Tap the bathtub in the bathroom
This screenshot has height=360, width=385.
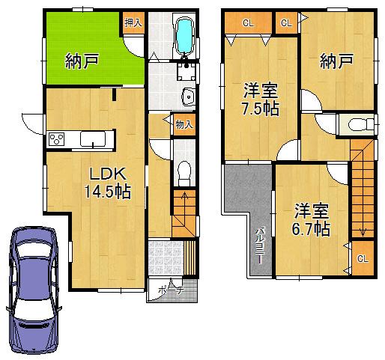(184, 37)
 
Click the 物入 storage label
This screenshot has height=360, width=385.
(183, 124)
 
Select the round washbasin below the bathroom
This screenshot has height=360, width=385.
(187, 97)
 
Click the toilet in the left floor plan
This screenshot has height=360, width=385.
(184, 171)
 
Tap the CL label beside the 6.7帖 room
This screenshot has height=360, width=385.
(362, 258)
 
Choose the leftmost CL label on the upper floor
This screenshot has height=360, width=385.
(248, 22)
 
